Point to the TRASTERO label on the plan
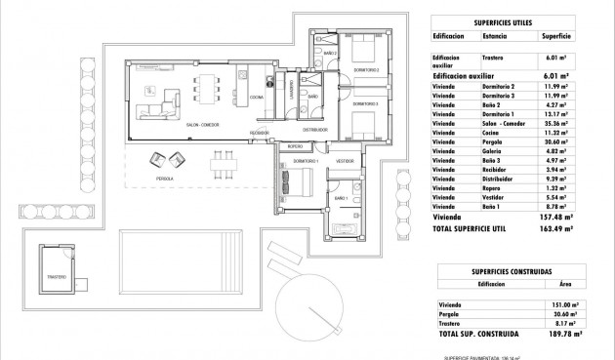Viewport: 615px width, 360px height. (56, 277)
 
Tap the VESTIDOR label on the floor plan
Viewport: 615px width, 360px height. (344, 160)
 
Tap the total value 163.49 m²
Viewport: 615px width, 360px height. (553, 228)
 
